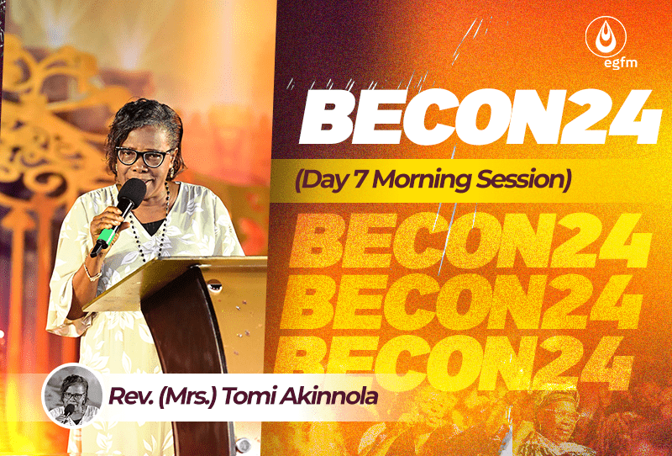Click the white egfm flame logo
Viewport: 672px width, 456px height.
tap(606, 37)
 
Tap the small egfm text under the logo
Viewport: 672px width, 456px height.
tap(620, 63)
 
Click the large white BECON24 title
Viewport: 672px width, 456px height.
tap(480, 117)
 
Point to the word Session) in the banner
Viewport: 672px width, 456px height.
tap(523, 180)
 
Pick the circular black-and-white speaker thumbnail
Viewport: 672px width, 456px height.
tap(72, 395)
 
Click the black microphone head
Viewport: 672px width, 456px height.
tap(132, 193)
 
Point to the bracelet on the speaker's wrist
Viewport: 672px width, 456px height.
tap(92, 273)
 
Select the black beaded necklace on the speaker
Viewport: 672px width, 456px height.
tap(150, 223)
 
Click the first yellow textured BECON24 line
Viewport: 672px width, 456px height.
tap(470, 241)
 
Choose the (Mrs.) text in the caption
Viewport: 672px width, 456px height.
tap(187, 396)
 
